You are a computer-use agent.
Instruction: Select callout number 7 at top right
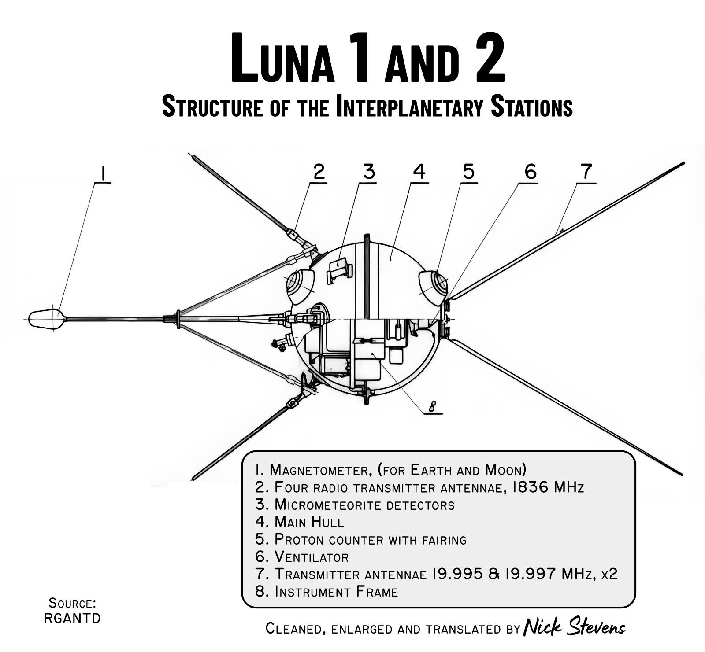[586, 171]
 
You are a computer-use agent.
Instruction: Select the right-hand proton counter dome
[433, 285]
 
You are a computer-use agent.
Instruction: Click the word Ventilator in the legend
[312, 557]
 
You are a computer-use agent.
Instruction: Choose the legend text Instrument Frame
[336, 592]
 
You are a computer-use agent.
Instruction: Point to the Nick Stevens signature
[574, 627]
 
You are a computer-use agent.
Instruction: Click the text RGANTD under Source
[72, 618]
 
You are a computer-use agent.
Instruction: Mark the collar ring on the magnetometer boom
[177, 318]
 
